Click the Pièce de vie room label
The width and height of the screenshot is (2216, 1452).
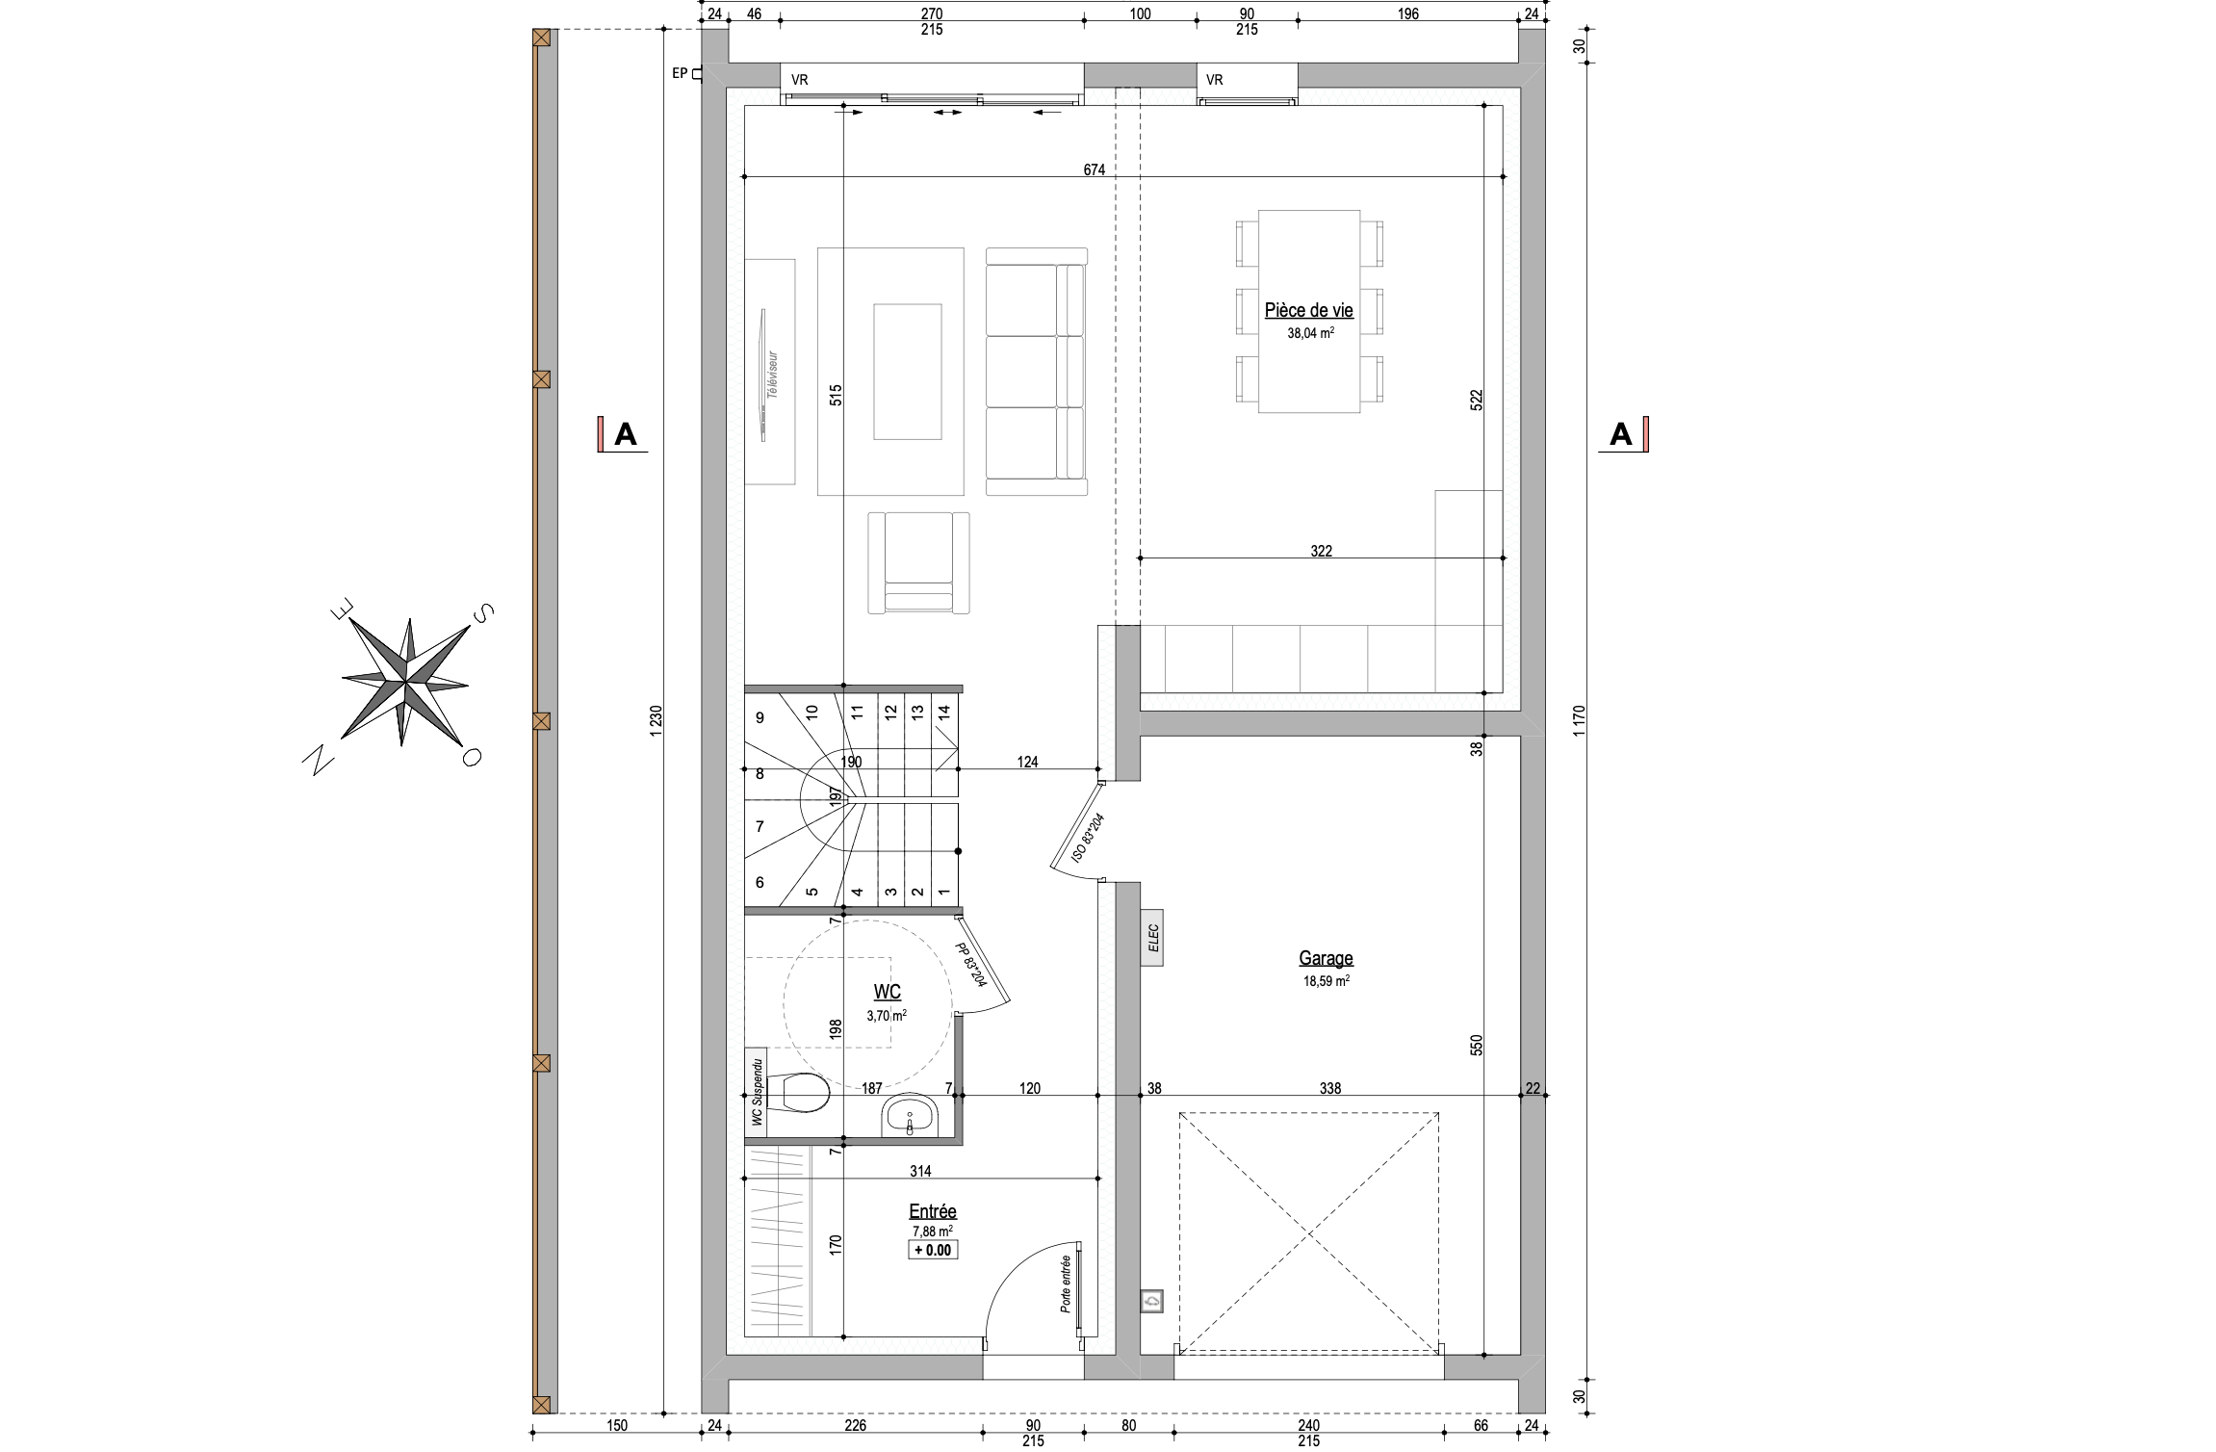click(x=1308, y=311)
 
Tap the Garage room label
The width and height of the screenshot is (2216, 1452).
click(x=1326, y=958)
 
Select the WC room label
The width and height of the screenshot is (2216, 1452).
click(x=887, y=992)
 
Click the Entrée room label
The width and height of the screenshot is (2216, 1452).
click(x=932, y=1211)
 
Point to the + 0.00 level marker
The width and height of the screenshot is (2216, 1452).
click(x=932, y=1250)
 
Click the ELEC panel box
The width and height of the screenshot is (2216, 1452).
click(x=1152, y=937)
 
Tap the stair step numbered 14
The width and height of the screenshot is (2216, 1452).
click(x=943, y=712)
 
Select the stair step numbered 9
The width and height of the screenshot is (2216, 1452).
click(x=760, y=717)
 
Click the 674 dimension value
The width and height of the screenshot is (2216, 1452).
click(x=1094, y=170)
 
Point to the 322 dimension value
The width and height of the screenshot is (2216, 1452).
click(x=1321, y=552)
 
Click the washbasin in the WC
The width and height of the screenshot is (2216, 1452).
click(x=910, y=1117)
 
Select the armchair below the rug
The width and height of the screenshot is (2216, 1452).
click(x=917, y=563)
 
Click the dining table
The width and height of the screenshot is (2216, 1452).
click(x=1309, y=312)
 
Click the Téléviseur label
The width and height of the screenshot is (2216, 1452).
click(x=772, y=376)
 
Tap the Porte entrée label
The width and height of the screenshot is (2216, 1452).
click(x=1065, y=1284)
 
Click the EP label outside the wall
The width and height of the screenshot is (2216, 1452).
click(x=680, y=73)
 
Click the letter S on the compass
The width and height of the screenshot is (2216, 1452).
click(x=483, y=612)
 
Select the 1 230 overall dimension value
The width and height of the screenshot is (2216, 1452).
click(x=657, y=721)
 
